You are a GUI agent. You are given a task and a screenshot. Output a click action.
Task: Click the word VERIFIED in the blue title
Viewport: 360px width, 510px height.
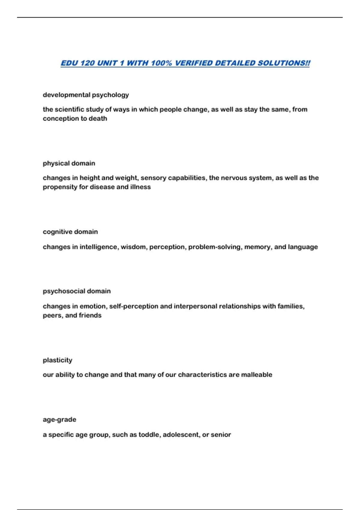click(193, 63)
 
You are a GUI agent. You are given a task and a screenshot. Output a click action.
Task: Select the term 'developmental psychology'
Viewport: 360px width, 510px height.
click(86, 95)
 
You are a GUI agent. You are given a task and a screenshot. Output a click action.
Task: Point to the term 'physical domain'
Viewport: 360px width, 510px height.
click(69, 163)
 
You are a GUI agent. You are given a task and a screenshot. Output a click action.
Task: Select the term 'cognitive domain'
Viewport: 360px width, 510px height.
click(70, 232)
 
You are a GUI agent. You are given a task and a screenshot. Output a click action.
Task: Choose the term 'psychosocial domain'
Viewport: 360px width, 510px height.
click(76, 291)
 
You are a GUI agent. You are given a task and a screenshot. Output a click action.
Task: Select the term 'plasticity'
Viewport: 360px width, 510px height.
click(57, 360)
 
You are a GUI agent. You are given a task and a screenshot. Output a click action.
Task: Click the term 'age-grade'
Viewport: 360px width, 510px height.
click(59, 420)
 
